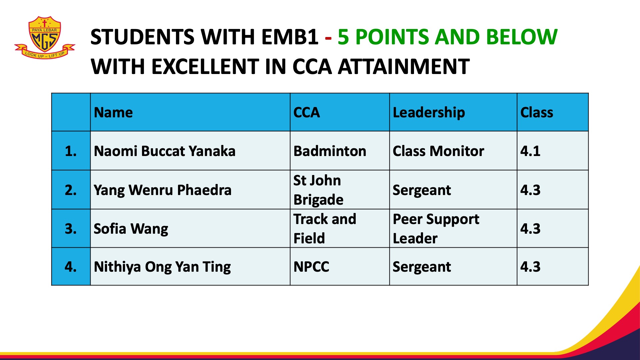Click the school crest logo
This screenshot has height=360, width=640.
point(45,38)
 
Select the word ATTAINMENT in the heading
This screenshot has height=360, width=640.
point(404,66)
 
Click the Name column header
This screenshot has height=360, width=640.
point(113,112)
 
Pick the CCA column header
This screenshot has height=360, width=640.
point(307,112)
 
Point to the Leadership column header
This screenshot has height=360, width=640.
point(429,113)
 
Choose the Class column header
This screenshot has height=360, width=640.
point(537,112)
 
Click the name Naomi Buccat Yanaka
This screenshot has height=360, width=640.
point(165,151)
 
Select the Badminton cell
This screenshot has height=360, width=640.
point(330,151)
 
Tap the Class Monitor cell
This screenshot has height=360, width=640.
point(438,151)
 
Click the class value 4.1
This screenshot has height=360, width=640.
point(530,151)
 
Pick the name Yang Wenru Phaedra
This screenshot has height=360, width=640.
point(163,190)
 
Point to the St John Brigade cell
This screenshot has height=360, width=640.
point(318,190)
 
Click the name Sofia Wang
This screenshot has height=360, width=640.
point(131,229)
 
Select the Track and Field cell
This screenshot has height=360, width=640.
point(325,229)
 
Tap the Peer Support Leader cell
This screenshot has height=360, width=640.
point(436,229)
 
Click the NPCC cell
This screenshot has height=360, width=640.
point(311,267)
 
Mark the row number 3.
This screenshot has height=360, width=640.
point(71,229)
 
